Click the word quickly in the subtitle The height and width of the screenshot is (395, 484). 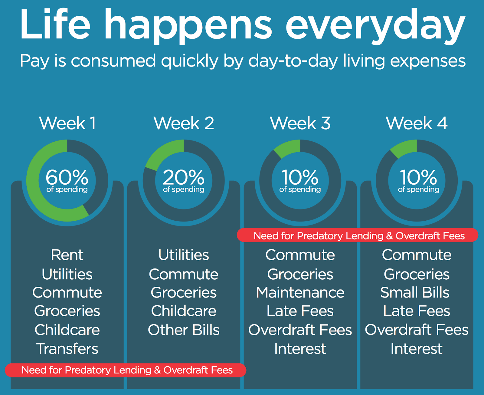tap(190, 61)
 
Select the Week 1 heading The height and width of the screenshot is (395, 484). tap(67, 123)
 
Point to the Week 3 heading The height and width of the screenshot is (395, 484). tap(300, 123)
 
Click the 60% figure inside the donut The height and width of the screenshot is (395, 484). tap(67, 177)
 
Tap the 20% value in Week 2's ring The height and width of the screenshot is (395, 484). tap(184, 177)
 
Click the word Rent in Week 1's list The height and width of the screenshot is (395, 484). tap(67, 255)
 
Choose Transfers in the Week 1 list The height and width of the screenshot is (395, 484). tap(67, 349)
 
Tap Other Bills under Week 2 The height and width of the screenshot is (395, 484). tap(184, 330)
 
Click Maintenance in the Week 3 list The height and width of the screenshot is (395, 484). tap(300, 293)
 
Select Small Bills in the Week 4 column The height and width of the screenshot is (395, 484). tap(415, 293)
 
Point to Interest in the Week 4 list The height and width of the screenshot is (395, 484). tap(417, 349)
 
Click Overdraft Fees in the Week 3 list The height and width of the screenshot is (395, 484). tap(300, 330)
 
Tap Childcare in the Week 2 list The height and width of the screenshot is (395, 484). tap(184, 311)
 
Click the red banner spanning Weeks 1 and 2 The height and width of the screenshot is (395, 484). tap(126, 370)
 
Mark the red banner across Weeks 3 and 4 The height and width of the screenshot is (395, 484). tap(358, 235)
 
